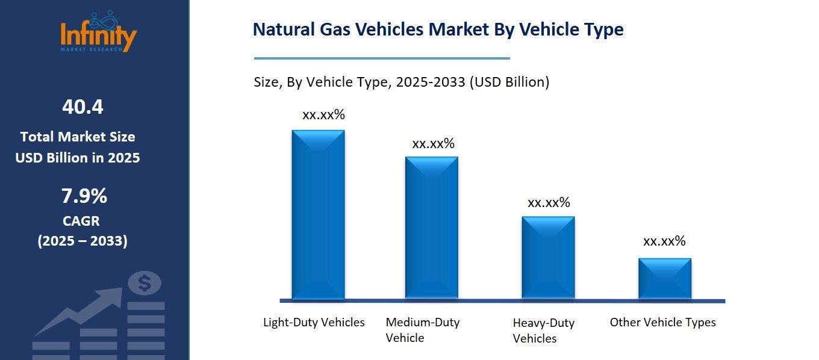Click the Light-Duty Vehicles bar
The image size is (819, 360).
point(318,214)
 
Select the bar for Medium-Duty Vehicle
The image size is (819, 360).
point(431,228)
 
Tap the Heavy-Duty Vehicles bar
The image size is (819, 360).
point(548,257)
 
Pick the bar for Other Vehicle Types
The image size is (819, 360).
point(664,278)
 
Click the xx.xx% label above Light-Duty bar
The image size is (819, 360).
point(323,115)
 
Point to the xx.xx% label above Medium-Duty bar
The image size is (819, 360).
point(433,144)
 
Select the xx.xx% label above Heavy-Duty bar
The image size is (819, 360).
point(549,203)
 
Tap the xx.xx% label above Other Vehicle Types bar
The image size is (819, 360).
point(664,241)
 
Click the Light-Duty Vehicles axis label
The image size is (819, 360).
point(314,322)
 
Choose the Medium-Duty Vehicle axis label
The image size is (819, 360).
point(422,330)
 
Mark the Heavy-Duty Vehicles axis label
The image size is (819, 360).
point(543,331)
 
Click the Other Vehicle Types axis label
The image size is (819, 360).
point(662,322)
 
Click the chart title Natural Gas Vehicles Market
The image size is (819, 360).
point(438,29)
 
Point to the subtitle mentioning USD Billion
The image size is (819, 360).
point(401,82)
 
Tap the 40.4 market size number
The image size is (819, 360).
point(83,107)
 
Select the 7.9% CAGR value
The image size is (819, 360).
point(84,196)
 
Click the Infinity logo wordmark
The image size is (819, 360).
point(98,36)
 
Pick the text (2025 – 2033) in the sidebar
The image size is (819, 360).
point(83,241)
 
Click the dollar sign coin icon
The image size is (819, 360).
point(145,283)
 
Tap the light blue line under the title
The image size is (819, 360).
point(382,58)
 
